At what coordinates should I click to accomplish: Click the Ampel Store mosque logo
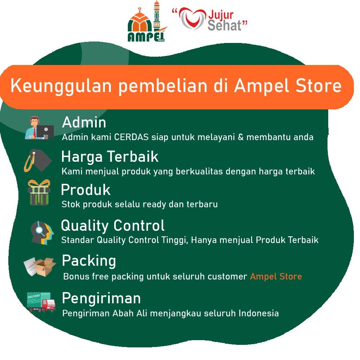[147, 21]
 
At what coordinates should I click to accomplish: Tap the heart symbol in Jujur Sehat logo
[192, 19]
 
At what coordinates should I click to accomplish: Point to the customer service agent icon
[39, 128]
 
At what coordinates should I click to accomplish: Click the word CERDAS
[131, 137]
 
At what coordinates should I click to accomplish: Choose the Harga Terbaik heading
[110, 157]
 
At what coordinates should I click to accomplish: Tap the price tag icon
[38, 160]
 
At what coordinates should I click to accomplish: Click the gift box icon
[39, 192]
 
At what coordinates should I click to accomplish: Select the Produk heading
[86, 190]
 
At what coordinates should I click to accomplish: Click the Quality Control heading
[113, 225]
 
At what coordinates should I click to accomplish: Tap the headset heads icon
[42, 233]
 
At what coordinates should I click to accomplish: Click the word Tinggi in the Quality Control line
[175, 240]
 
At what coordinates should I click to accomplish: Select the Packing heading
[89, 261]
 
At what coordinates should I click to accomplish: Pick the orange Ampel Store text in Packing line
[276, 277]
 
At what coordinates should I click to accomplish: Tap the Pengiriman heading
[101, 299]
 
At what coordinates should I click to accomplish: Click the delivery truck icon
[41, 302]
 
